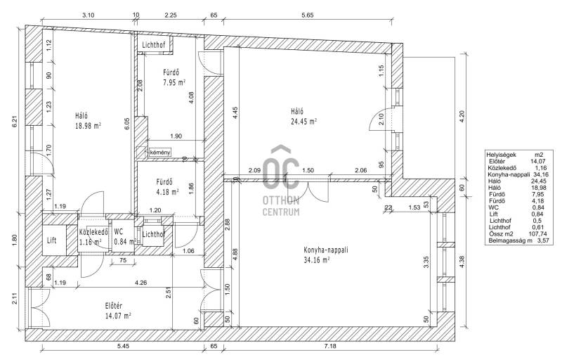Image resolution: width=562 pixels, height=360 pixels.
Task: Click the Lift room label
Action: pyautogui.click(x=51, y=240)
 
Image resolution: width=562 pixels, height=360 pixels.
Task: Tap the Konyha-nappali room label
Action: pyautogui.click(x=325, y=250)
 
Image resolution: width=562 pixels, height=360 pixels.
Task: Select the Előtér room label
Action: pyautogui.click(x=114, y=306)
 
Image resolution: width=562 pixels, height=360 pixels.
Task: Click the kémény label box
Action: pyautogui.click(x=160, y=152)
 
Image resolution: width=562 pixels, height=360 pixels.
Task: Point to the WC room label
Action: pyautogui.click(x=118, y=231)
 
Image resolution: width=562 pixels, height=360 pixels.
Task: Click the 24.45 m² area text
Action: pyautogui.click(x=303, y=122)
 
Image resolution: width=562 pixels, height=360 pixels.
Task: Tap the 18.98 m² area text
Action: pyautogui.click(x=88, y=126)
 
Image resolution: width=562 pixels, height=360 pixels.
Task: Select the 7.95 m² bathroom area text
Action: pyautogui.click(x=174, y=82)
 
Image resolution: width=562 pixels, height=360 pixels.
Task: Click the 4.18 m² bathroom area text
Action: pyautogui.click(x=167, y=192)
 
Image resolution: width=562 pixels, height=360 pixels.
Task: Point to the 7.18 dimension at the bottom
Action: pyautogui.click(x=330, y=346)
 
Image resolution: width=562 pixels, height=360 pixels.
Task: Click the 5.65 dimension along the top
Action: pyautogui.click(x=307, y=15)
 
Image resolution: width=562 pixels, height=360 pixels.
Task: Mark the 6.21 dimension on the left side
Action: pyautogui.click(x=15, y=122)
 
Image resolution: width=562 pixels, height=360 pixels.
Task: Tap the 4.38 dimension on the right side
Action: pyautogui.click(x=462, y=262)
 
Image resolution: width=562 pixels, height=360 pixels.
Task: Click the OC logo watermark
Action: pyautogui.click(x=280, y=168)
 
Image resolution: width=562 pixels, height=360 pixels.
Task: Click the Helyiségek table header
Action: pyautogui.click(x=501, y=155)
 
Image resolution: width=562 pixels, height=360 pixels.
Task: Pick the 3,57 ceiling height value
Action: pyautogui.click(x=543, y=240)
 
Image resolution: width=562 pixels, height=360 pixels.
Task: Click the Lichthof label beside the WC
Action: pyautogui.click(x=154, y=235)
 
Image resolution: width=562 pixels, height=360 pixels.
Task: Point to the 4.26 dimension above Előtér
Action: pyautogui.click(x=140, y=283)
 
